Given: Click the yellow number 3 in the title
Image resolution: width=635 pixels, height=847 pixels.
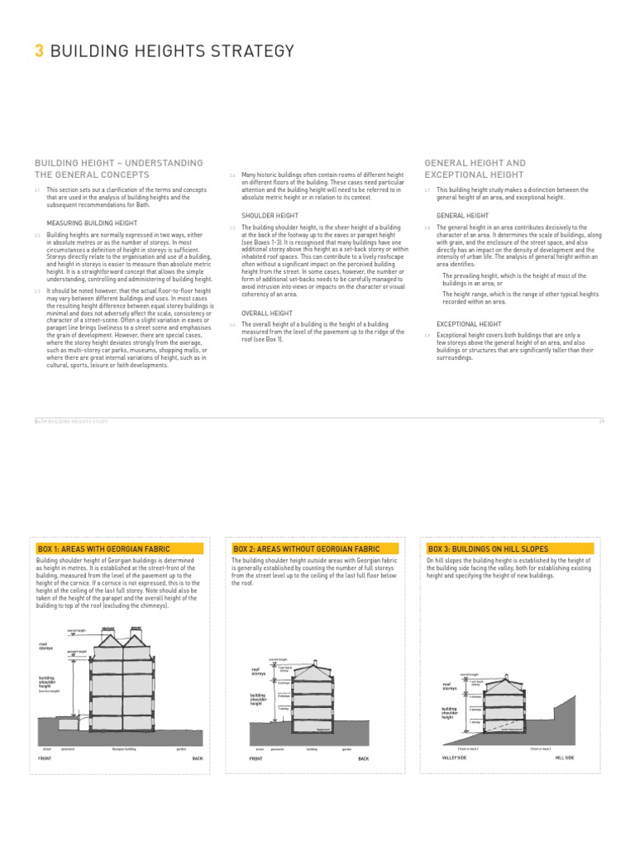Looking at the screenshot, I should point(38,51).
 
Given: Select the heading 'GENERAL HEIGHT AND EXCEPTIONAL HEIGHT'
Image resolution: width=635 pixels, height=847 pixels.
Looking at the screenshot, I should point(475,169).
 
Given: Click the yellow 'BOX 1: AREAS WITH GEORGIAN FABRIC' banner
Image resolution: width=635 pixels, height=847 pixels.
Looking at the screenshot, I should point(120,548).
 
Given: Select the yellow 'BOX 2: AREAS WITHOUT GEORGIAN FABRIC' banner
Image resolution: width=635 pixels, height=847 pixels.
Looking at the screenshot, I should point(315,548).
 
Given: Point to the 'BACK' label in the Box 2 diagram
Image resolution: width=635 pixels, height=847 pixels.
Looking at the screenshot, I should point(364,758).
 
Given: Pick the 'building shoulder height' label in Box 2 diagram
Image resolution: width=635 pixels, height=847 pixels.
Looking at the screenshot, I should point(259,699).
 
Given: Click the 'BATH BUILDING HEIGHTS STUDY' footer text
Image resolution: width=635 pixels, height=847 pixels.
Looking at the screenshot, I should point(71,421).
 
